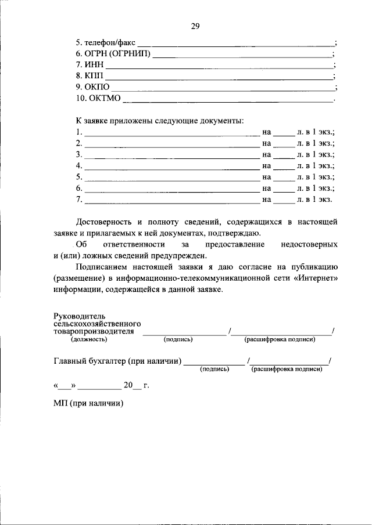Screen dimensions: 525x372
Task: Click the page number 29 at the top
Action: tap(195, 26)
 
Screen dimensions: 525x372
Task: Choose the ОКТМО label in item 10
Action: tap(105, 98)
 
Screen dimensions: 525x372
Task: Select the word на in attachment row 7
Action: tap(267, 200)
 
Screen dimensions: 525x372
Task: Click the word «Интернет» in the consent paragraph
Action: tap(317, 278)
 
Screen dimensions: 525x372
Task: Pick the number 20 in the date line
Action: tap(128, 385)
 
